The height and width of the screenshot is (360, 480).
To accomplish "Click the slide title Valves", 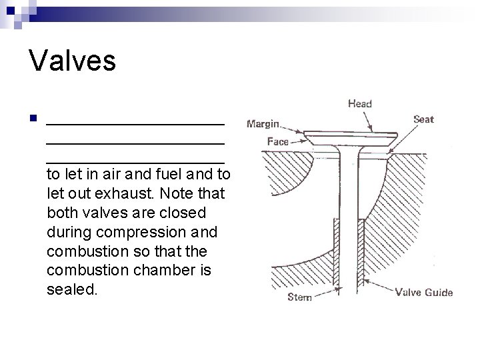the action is pyautogui.click(x=73, y=61).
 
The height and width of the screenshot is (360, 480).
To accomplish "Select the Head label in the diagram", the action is pyautogui.click(x=360, y=103).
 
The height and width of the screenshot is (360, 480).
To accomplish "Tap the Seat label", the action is pyautogui.click(x=423, y=119).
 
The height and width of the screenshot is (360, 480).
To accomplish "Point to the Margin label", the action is pyautogui.click(x=263, y=123).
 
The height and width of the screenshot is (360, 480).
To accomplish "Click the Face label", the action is pyautogui.click(x=277, y=141).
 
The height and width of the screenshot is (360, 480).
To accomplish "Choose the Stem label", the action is pyautogui.click(x=299, y=297).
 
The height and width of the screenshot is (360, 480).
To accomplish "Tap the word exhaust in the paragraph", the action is pyautogui.click(x=121, y=194).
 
